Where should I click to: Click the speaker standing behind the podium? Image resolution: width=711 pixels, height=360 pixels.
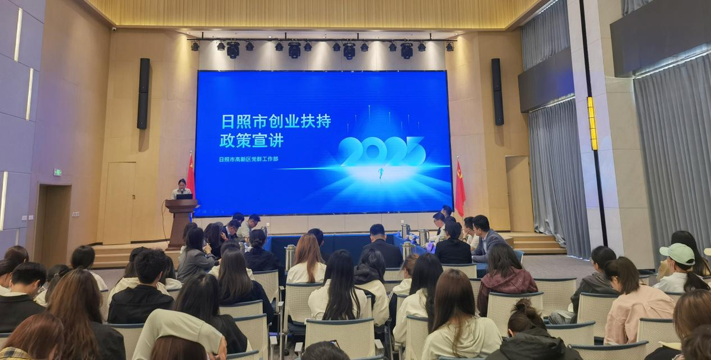point(182,189)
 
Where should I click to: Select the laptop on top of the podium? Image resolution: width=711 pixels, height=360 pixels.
point(184,197)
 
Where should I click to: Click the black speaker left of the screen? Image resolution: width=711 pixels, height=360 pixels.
point(144,93)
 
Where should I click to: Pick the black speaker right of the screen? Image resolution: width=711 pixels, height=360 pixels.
point(498,91)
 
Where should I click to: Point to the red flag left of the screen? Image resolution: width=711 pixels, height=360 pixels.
point(191,175)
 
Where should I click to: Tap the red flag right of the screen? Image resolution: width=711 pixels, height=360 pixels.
point(460,187)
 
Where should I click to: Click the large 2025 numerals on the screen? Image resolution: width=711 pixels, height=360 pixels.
point(382,151)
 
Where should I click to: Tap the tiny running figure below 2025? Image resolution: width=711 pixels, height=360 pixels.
point(381,173)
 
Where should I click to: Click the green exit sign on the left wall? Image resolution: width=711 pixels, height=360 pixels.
point(58,173)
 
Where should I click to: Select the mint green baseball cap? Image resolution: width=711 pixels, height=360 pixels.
point(677,253)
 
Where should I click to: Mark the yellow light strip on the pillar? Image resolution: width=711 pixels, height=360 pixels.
point(592,123)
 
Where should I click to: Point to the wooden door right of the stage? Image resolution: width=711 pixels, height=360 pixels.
point(519,194)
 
